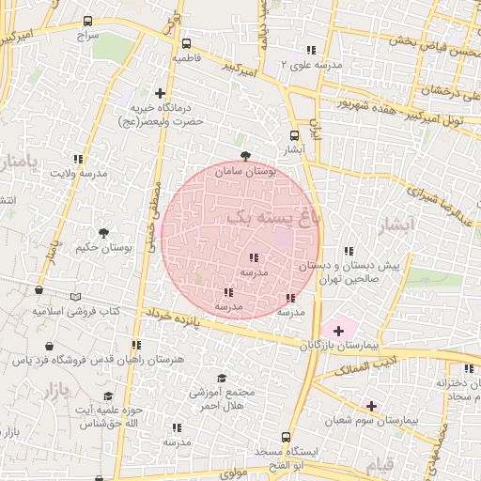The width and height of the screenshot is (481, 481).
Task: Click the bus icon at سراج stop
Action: tap(88, 21)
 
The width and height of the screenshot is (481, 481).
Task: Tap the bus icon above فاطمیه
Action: tap(186, 43)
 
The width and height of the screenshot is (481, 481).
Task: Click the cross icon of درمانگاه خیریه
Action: tap(160, 94)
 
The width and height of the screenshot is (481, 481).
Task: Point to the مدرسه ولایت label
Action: tap(79, 174)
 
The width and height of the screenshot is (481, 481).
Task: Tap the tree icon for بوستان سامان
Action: tap(246, 156)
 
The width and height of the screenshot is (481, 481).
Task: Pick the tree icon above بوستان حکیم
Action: tap(103, 232)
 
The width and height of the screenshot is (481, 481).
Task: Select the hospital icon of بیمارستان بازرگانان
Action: tap(338, 331)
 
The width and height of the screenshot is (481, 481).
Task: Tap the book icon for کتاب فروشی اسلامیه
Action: tap(38, 293)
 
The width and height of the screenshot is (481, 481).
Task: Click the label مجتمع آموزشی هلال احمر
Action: tap(223, 398)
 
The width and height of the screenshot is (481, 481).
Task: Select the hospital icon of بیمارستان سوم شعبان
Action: tap(371, 406)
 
